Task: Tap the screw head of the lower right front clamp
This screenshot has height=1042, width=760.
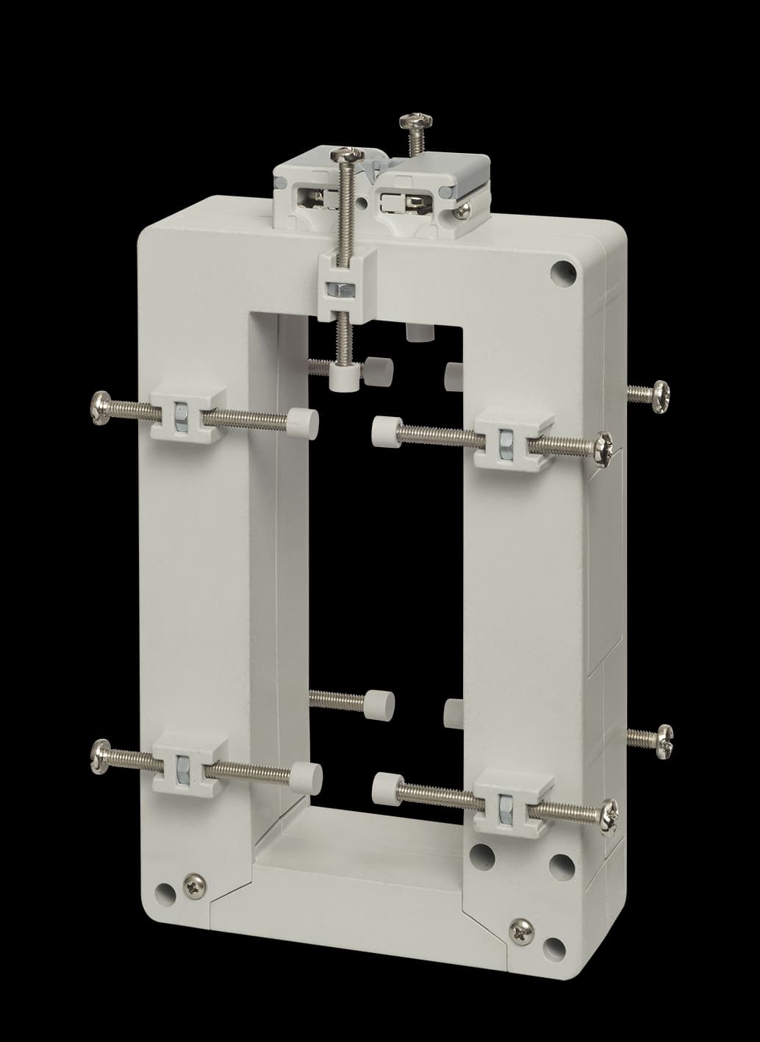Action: pos(609,816)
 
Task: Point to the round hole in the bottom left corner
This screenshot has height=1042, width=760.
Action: pos(168,893)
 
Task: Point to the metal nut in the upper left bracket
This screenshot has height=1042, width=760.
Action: pos(179,419)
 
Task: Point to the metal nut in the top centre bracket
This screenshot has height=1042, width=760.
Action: pos(341,288)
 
